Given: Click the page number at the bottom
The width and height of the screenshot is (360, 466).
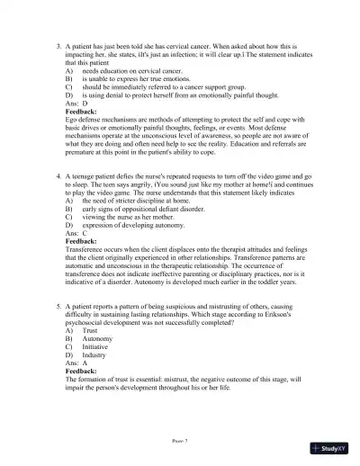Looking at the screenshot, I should [180, 443].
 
